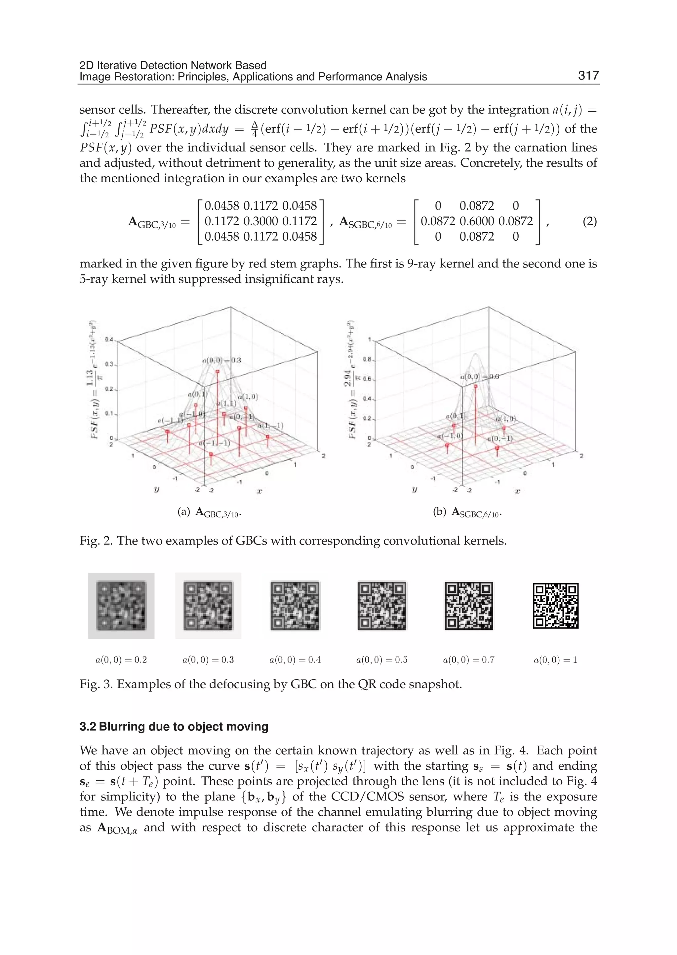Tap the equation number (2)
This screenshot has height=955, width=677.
pyautogui.click(x=589, y=221)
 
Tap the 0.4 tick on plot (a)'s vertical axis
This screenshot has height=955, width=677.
pyautogui.click(x=109, y=340)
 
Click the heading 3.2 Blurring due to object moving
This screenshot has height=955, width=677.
pyautogui.click(x=174, y=727)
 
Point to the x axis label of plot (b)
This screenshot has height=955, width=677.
pyautogui.click(x=517, y=491)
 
